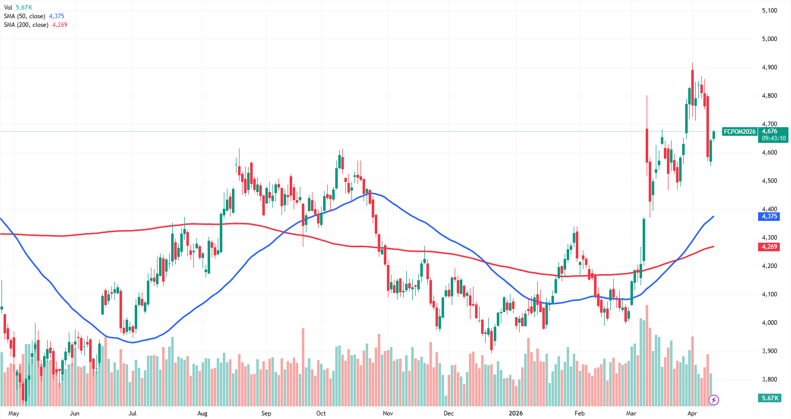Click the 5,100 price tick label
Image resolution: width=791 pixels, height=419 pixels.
[769, 11]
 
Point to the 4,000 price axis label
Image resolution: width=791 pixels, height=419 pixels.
[769, 323]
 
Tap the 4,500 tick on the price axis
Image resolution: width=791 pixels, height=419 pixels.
[769, 181]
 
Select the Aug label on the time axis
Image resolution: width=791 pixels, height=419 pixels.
[202, 413]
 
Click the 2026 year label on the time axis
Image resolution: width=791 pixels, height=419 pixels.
[516, 413]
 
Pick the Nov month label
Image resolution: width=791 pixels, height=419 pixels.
[388, 413]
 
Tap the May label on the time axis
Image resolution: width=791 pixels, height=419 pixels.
[14, 413]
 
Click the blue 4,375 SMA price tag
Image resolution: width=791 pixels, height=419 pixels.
[769, 216]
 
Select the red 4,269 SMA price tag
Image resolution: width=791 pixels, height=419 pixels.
[769, 247]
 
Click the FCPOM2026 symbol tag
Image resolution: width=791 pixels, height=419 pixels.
[739, 132]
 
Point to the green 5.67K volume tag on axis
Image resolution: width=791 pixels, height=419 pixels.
[770, 398]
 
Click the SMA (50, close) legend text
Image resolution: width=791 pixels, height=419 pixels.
[24, 16]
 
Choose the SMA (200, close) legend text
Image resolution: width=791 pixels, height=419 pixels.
[26, 25]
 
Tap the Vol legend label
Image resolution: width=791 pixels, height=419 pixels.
[8, 8]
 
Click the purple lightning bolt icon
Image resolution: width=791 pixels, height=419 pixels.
[714, 400]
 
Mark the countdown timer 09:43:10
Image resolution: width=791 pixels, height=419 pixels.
[774, 138]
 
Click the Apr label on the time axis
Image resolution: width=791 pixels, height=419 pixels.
[692, 413]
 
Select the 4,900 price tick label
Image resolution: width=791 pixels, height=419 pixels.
[769, 67]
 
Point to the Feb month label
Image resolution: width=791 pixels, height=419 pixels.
[579, 413]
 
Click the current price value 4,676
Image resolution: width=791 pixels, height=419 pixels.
[769, 131]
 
